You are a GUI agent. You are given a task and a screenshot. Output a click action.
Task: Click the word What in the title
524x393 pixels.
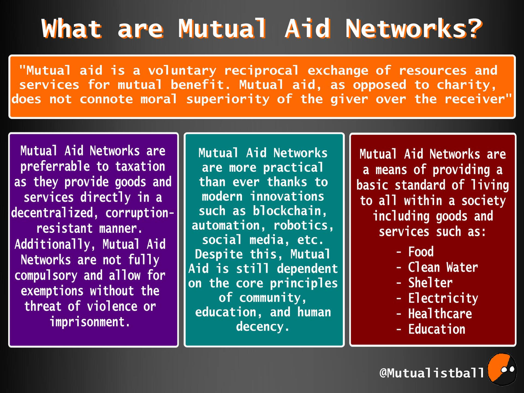click(72, 28)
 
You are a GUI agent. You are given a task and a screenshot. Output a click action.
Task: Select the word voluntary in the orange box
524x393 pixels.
click(182, 71)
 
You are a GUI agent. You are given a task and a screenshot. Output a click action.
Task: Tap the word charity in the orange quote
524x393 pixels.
click(466, 85)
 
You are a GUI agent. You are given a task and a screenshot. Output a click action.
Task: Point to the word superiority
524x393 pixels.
click(228, 99)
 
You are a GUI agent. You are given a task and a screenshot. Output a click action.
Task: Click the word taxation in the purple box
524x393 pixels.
click(140, 166)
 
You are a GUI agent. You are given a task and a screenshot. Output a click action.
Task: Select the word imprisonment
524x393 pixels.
click(90, 322)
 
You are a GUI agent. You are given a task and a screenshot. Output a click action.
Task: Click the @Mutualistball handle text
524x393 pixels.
click(431, 373)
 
